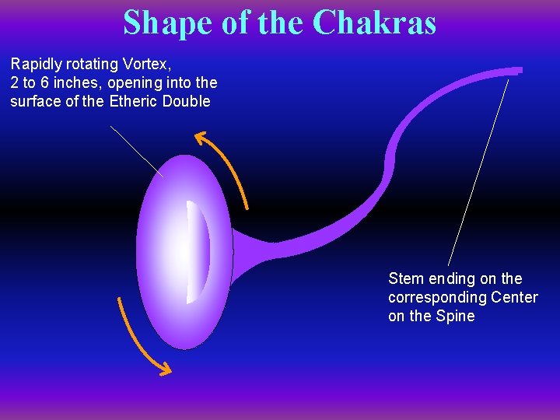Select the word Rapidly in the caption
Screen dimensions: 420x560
[x=37, y=64]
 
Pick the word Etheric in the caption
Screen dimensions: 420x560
[x=134, y=101]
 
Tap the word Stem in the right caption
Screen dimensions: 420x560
[x=404, y=278]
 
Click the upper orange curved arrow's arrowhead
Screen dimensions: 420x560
[x=201, y=138]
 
